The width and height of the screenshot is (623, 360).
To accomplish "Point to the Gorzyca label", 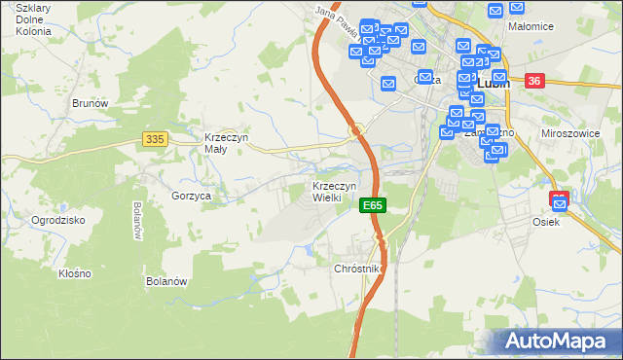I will [x=192, y=196].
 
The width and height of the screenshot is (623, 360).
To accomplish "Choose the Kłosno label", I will [x=74, y=273].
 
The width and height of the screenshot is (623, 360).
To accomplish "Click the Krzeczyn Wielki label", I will [x=335, y=192].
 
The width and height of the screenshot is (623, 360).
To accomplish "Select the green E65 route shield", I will [x=373, y=205].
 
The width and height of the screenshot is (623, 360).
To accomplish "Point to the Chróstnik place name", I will [x=359, y=268].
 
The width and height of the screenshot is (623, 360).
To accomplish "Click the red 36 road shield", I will [x=533, y=82].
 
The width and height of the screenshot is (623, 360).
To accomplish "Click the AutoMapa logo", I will [x=559, y=342].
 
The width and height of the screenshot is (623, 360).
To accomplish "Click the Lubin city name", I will [x=495, y=84].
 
